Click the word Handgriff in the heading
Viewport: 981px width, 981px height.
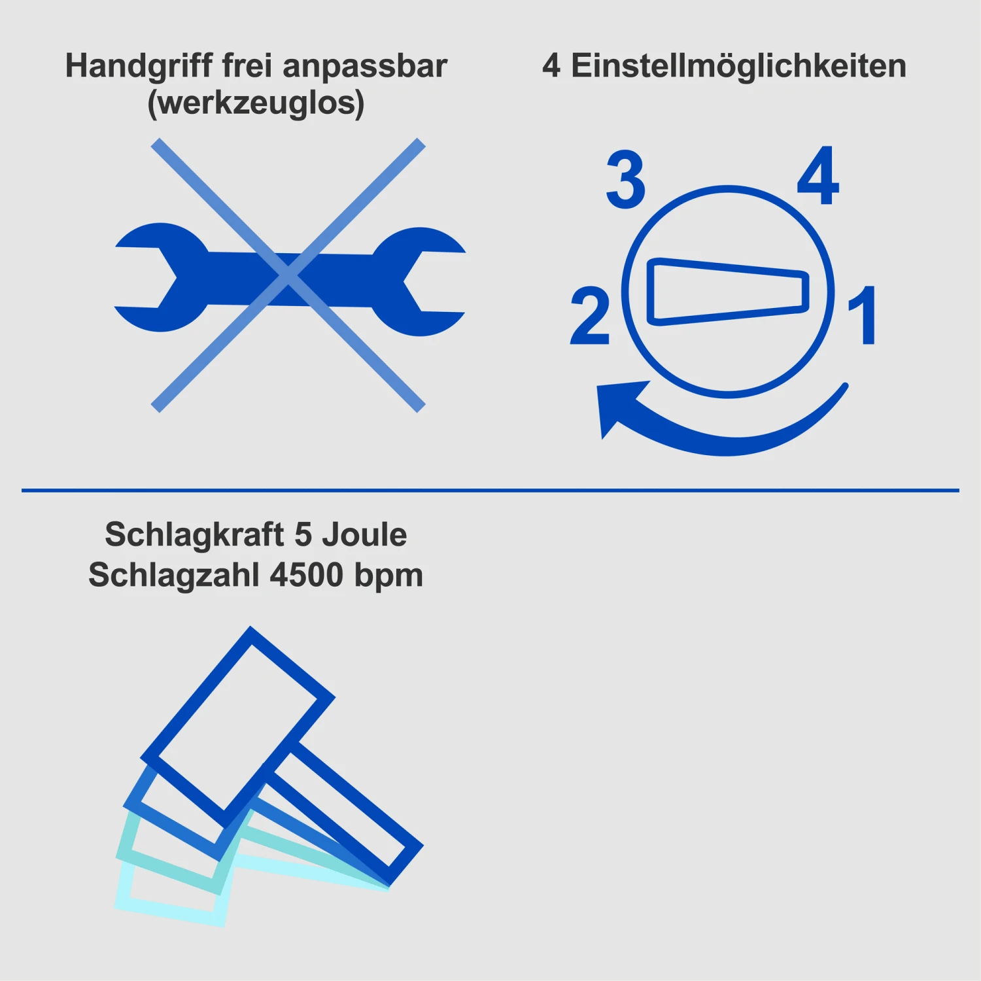(x=139, y=67)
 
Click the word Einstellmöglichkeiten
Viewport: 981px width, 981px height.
(x=739, y=66)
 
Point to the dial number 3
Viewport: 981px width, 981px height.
(x=626, y=180)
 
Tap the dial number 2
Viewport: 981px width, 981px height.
(x=590, y=316)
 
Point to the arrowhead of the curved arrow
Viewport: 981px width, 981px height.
(x=618, y=405)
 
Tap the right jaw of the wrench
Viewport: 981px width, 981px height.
(x=419, y=281)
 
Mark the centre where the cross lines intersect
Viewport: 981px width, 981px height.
(x=288, y=275)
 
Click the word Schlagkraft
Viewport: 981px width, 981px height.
(x=194, y=536)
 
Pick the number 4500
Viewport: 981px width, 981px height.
(x=307, y=575)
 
